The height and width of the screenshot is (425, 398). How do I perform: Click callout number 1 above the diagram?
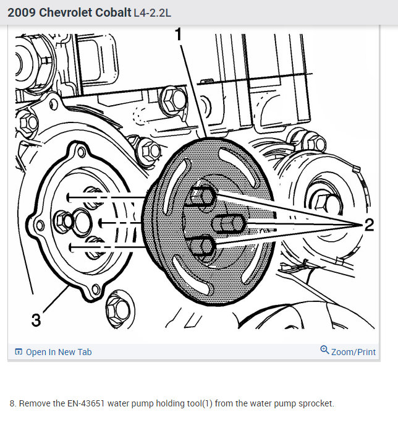click(x=178, y=35)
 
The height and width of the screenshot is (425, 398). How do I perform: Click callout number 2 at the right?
click(x=369, y=225)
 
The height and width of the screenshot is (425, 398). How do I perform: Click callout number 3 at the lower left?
click(x=36, y=320)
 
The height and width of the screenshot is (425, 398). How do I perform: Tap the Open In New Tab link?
click(x=59, y=352)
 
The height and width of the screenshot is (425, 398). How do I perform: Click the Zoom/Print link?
click(x=354, y=352)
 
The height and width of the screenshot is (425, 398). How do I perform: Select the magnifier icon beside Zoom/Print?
click(x=324, y=350)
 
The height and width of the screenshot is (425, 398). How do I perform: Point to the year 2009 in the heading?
click(x=22, y=12)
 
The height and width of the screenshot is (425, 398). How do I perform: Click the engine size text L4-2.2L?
click(x=153, y=13)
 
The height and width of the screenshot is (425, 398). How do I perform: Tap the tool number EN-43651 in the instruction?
click(x=86, y=403)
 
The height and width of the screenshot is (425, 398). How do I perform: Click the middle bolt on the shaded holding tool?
click(x=229, y=224)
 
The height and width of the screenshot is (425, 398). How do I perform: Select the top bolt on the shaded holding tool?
click(x=203, y=196)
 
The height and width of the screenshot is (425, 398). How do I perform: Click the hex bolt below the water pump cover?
click(x=118, y=309)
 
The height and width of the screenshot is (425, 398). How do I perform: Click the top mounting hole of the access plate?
click(x=81, y=152)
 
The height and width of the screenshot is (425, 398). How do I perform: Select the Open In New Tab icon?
click(x=19, y=351)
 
